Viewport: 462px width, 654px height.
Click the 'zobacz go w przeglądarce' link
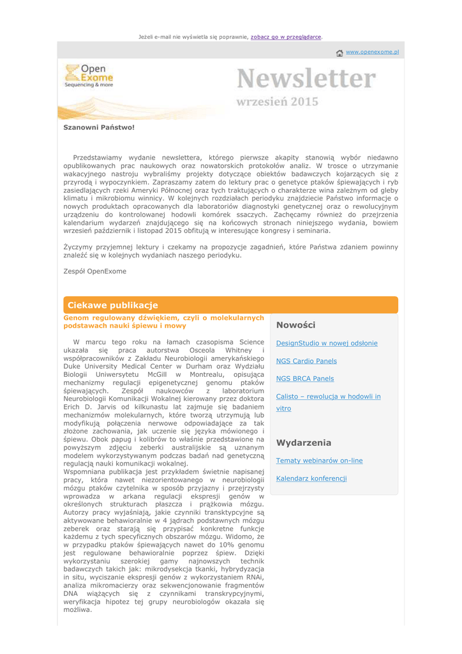286,37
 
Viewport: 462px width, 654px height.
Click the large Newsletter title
306,79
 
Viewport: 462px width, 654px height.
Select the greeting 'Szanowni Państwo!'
99,127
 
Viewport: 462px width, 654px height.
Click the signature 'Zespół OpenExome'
94,271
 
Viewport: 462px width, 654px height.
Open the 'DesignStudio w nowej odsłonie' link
326,343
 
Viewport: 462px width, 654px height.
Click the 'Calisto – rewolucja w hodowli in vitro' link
328,397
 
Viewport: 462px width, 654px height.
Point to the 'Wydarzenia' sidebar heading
303,442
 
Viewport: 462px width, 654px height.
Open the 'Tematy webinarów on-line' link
319,460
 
